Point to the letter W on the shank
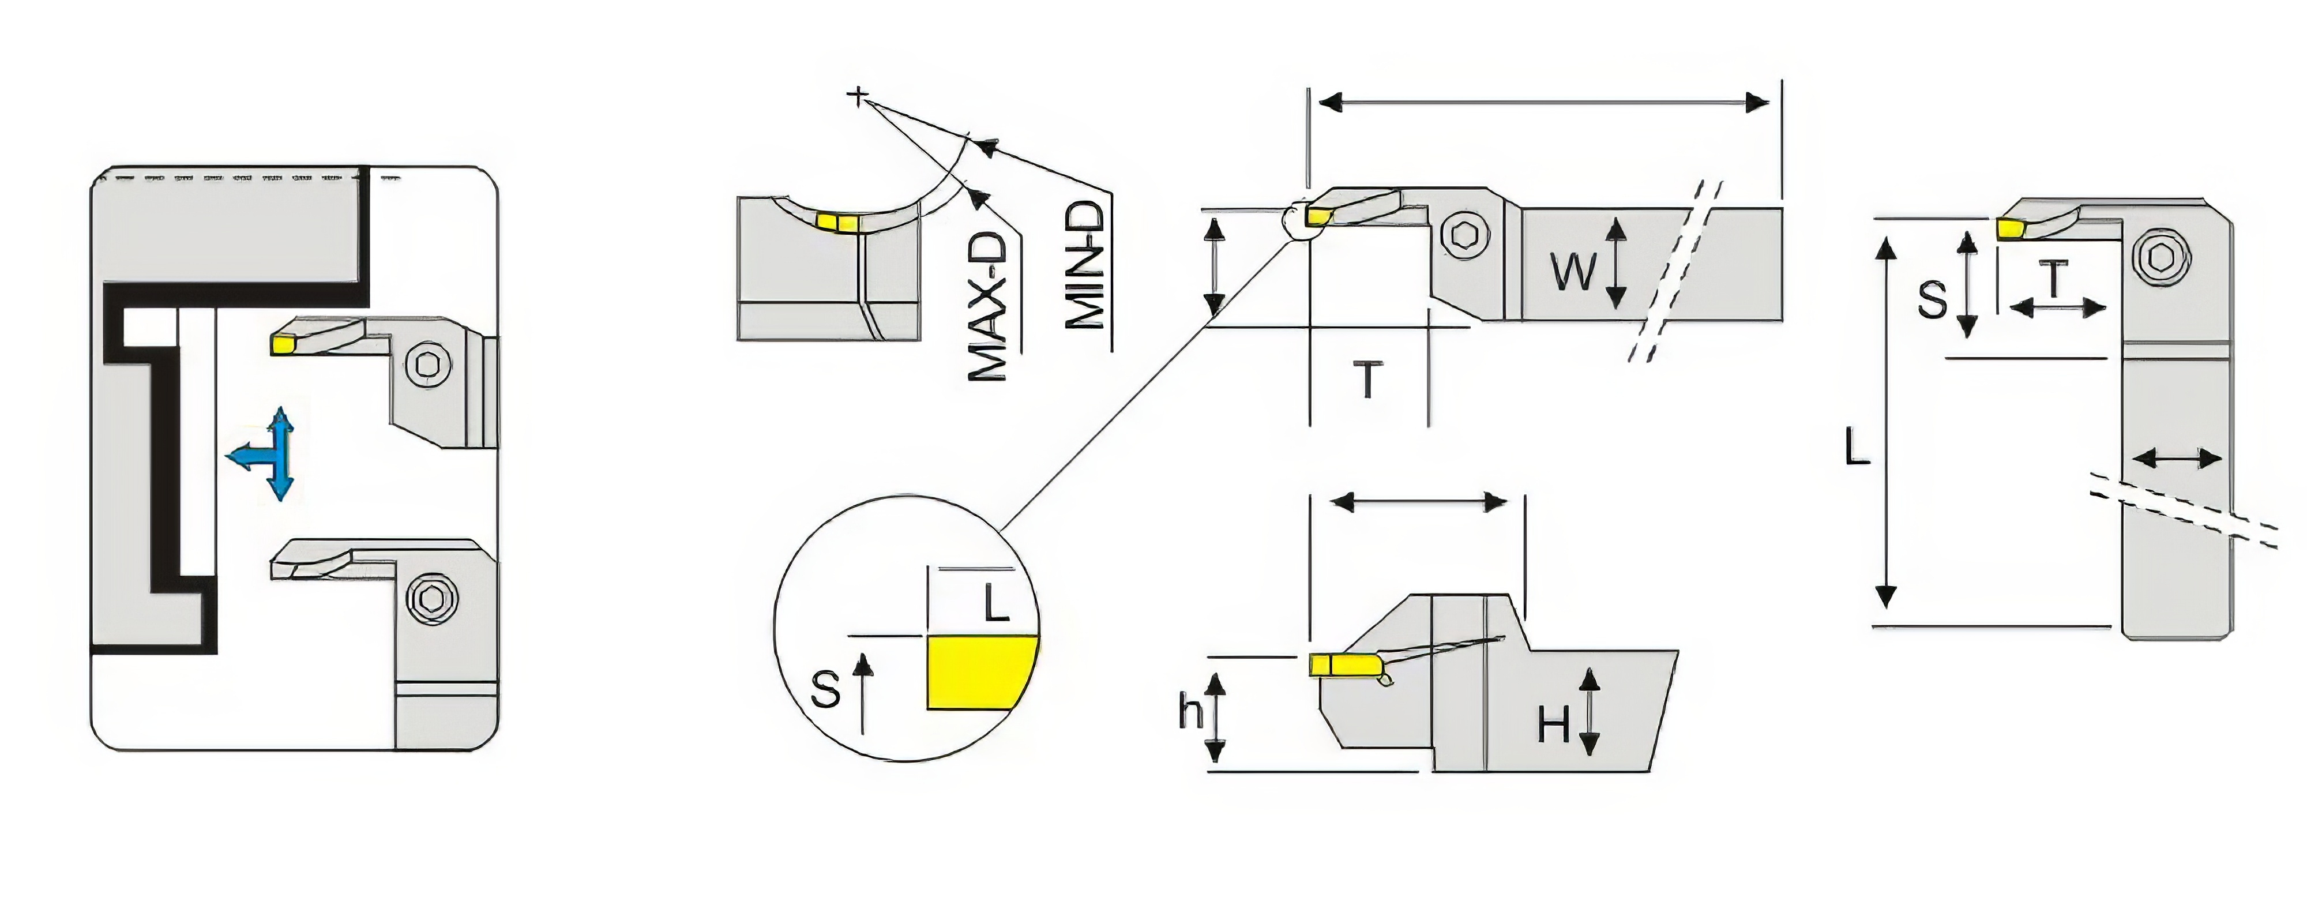(x=1573, y=271)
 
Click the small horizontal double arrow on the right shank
(x=2176, y=459)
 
